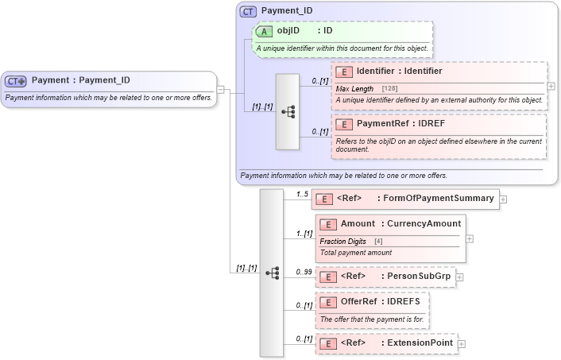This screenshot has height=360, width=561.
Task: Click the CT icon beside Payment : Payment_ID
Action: (16, 80)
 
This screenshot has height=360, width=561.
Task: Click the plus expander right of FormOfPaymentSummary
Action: (503, 199)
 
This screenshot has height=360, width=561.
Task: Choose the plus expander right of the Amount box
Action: (469, 238)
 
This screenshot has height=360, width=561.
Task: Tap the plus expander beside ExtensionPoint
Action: (462, 343)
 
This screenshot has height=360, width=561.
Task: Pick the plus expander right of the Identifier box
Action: (551, 86)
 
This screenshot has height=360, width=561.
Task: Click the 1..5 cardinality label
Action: (302, 194)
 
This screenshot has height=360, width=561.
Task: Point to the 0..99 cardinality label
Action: (303, 272)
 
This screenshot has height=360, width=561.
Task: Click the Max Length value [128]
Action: (389, 88)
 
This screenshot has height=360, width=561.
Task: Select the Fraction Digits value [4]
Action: (378, 241)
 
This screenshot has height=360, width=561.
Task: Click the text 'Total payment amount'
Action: (355, 253)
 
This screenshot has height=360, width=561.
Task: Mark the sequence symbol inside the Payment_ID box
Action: (287, 112)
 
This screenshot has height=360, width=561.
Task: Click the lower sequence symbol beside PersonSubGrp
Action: (271, 273)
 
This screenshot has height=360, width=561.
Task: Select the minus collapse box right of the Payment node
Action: (220, 89)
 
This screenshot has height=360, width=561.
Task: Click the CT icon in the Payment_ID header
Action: (248, 12)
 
